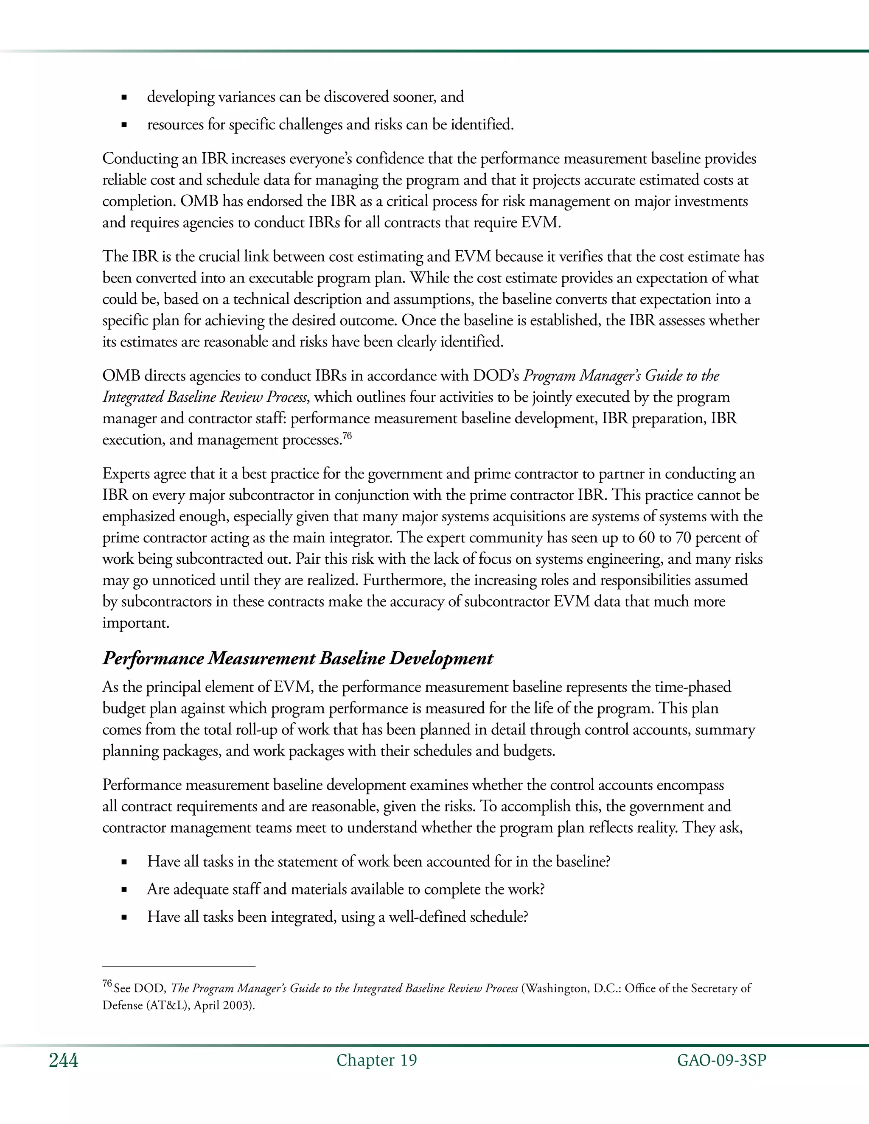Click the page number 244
[x=63, y=1060]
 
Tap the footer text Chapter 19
[x=376, y=1060]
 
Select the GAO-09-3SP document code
[x=721, y=1060]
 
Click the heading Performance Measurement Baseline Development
[x=297, y=658]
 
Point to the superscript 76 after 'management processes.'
[x=347, y=436]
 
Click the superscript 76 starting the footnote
[x=107, y=984]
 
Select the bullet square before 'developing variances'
[x=123, y=97]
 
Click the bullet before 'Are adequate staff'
[x=123, y=890]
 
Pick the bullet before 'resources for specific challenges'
[x=123, y=125]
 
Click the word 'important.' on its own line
[x=136, y=623]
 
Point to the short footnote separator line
[x=179, y=967]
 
